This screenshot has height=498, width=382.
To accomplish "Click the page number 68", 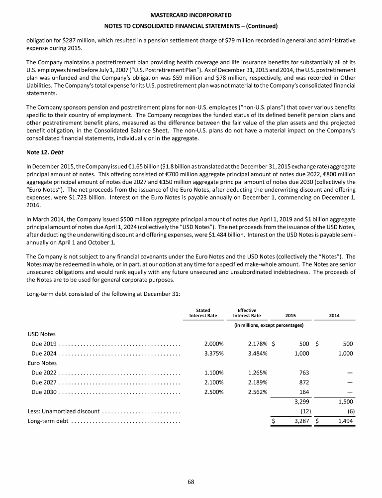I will pyautogui.click(x=191, y=481).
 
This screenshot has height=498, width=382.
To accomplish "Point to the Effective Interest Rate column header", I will pyautogui.click(x=247, y=313).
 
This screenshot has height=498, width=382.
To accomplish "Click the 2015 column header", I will pyautogui.click(x=290, y=316).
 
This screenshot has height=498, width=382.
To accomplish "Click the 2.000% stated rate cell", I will pyautogui.click(x=214, y=344).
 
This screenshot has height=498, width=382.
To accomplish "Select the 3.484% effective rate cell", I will pyautogui.click(x=258, y=354).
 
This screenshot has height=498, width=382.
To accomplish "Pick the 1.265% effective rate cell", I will pyautogui.click(x=258, y=373).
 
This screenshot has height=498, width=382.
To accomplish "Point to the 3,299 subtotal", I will pyautogui.click(x=301, y=402).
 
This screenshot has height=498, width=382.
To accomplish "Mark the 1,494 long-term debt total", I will pyautogui.click(x=345, y=421).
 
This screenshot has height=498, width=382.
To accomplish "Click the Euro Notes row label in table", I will pyautogui.click(x=43, y=363).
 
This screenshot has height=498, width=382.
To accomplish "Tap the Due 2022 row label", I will pyautogui.click(x=44, y=373).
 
